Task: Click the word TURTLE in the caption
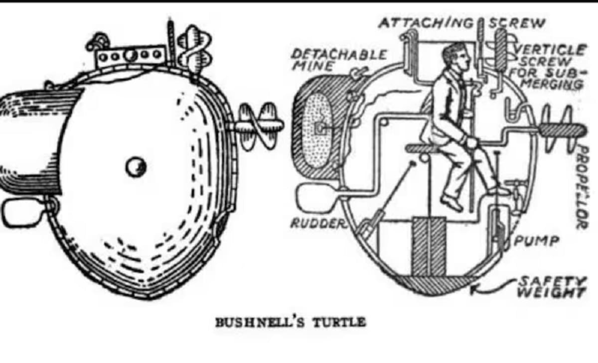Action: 339,322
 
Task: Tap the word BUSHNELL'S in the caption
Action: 260,322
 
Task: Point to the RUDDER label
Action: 318,224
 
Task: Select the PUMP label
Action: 536,241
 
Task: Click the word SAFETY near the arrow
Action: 552,281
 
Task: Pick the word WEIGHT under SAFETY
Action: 552,292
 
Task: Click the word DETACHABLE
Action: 339,55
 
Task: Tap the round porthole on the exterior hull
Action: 136,167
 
